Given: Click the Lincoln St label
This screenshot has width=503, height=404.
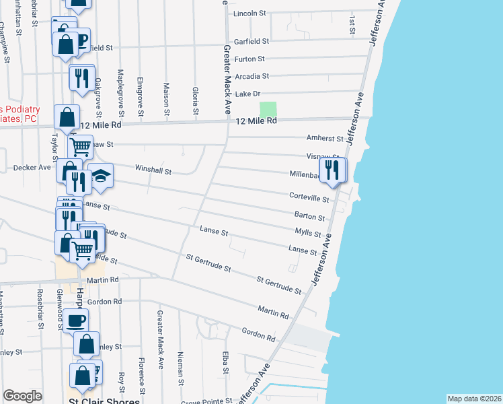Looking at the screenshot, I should click(x=250, y=13).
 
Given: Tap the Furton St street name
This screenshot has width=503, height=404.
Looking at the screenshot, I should click(x=250, y=59).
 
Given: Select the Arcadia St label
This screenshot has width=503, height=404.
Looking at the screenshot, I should click(x=251, y=77).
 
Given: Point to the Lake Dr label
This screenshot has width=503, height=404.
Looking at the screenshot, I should click(x=247, y=94).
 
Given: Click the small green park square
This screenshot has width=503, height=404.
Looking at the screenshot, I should click(x=268, y=109).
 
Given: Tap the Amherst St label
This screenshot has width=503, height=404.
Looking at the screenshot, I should click(x=325, y=139).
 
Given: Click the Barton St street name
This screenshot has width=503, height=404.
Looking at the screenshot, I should click(x=309, y=218).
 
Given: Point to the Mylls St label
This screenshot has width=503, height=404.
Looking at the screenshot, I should click(x=308, y=233).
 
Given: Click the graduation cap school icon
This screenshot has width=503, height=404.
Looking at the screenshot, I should click(x=100, y=176).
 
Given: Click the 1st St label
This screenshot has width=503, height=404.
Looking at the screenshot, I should click(x=352, y=24).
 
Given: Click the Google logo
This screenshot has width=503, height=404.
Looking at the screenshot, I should click(x=22, y=396).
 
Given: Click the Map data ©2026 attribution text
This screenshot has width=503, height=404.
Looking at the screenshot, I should click(x=473, y=399).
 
